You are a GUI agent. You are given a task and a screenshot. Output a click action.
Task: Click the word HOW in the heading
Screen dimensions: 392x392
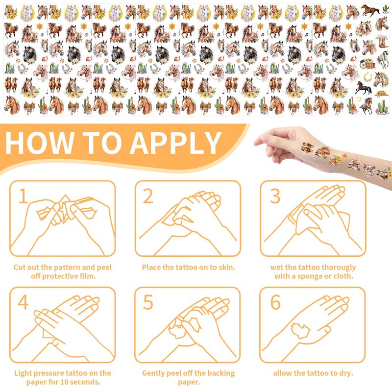point(39,143)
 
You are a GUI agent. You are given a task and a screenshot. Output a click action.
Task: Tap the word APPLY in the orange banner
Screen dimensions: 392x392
point(175,143)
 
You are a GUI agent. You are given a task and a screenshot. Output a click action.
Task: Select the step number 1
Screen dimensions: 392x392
point(23,196)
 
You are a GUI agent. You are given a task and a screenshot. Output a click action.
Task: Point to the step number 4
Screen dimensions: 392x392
point(23,302)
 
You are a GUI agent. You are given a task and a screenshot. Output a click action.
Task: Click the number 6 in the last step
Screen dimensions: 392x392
point(275,302)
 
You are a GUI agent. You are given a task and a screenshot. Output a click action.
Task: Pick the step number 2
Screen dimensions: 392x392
point(148,196)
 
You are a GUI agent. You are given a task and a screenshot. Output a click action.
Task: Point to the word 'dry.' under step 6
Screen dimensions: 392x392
point(346,373)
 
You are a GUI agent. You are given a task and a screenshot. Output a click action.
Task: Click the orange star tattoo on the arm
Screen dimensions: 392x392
point(345,156)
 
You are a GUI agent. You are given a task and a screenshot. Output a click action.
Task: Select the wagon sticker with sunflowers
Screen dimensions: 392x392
point(367,64)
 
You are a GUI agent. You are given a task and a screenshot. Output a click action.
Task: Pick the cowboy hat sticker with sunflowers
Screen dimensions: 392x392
point(382,94)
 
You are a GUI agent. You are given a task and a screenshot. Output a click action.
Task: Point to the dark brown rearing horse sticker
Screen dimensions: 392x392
point(363,87)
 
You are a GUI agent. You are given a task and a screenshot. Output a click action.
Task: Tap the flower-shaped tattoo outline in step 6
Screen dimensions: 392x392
point(300,330)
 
